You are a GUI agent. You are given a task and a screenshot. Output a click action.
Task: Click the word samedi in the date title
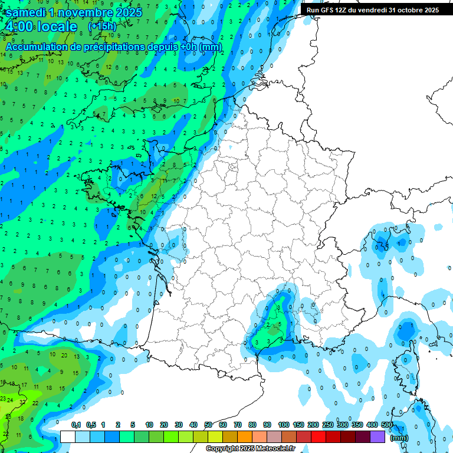[x=26, y=12]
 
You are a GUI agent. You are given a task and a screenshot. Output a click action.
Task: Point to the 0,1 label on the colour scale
[x=76, y=425]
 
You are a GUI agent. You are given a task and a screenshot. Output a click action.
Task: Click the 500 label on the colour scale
[x=387, y=425]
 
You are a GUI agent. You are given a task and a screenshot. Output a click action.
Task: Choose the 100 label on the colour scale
[x=283, y=425]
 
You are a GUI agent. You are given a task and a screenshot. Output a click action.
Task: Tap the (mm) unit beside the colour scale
[x=399, y=438]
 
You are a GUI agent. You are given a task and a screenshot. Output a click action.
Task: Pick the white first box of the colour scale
[x=68, y=436]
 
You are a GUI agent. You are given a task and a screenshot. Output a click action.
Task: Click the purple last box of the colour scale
[x=377, y=436]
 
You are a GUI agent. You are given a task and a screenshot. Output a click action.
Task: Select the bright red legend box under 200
[x=319, y=436]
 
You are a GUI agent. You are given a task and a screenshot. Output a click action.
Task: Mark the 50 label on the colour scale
[x=208, y=425]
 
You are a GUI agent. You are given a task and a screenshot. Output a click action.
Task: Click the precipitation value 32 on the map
[x=23, y=402]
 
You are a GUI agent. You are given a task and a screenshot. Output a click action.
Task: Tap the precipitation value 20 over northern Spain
[x=63, y=355]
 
